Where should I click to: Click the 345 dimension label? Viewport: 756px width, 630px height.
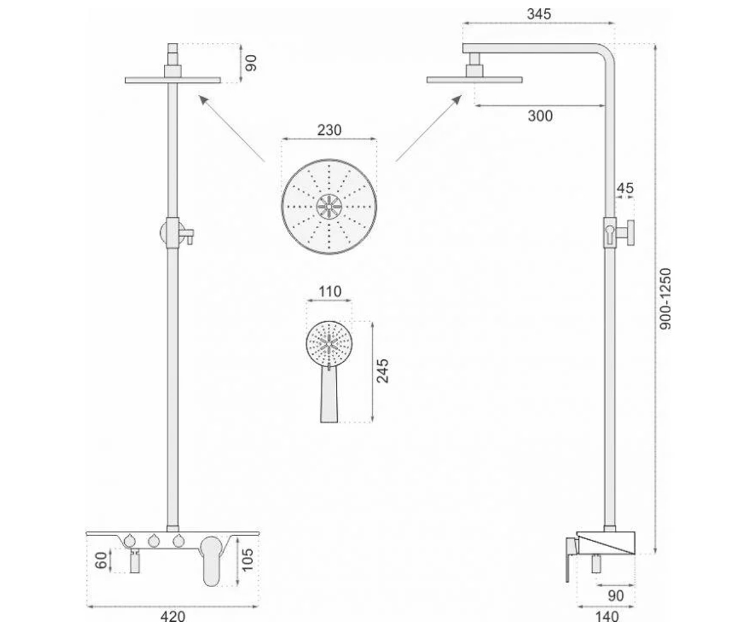tap(539, 14)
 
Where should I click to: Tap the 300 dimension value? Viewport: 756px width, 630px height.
tap(540, 116)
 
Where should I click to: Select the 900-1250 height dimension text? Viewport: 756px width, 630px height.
tap(665, 299)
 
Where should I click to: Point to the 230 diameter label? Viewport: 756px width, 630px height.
tap(329, 130)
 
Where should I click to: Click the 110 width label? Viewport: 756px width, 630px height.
tap(329, 292)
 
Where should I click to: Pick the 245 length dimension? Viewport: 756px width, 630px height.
tap(382, 371)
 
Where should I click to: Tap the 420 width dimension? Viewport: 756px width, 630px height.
tap(173, 616)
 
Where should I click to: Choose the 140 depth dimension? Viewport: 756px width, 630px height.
tap(607, 616)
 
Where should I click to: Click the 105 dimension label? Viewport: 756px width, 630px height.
tap(248, 560)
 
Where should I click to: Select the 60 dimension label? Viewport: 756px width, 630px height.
tap(101, 560)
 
